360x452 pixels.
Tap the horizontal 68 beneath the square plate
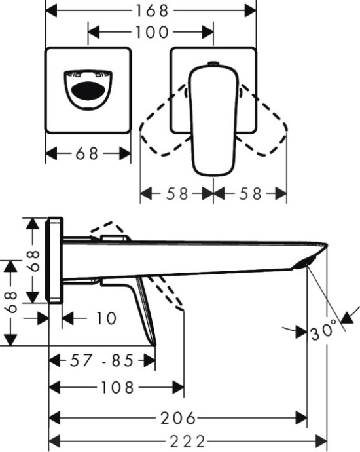[88, 154]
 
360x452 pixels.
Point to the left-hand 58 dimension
[177, 194]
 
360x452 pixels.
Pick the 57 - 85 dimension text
[102, 360]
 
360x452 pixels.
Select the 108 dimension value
[118, 388]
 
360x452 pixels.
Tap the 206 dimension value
[179, 417]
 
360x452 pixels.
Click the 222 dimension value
[188, 440]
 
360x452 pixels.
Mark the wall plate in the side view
[56, 260]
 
